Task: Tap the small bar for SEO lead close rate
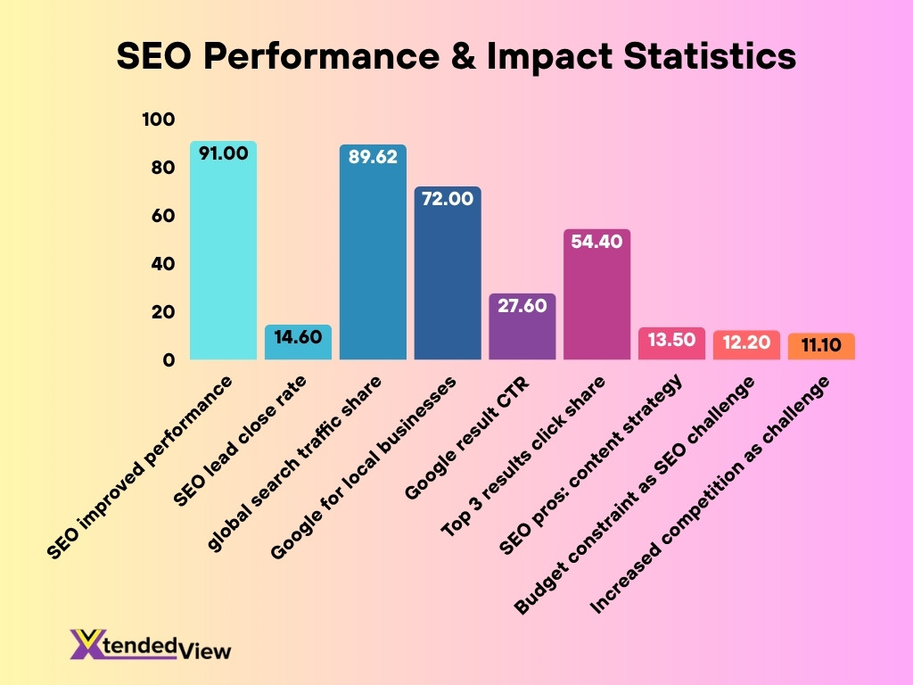[298, 343]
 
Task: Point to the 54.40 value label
[596, 243]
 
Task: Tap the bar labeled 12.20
[746, 345]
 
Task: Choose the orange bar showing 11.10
[821, 347]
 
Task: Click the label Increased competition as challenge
[713, 496]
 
